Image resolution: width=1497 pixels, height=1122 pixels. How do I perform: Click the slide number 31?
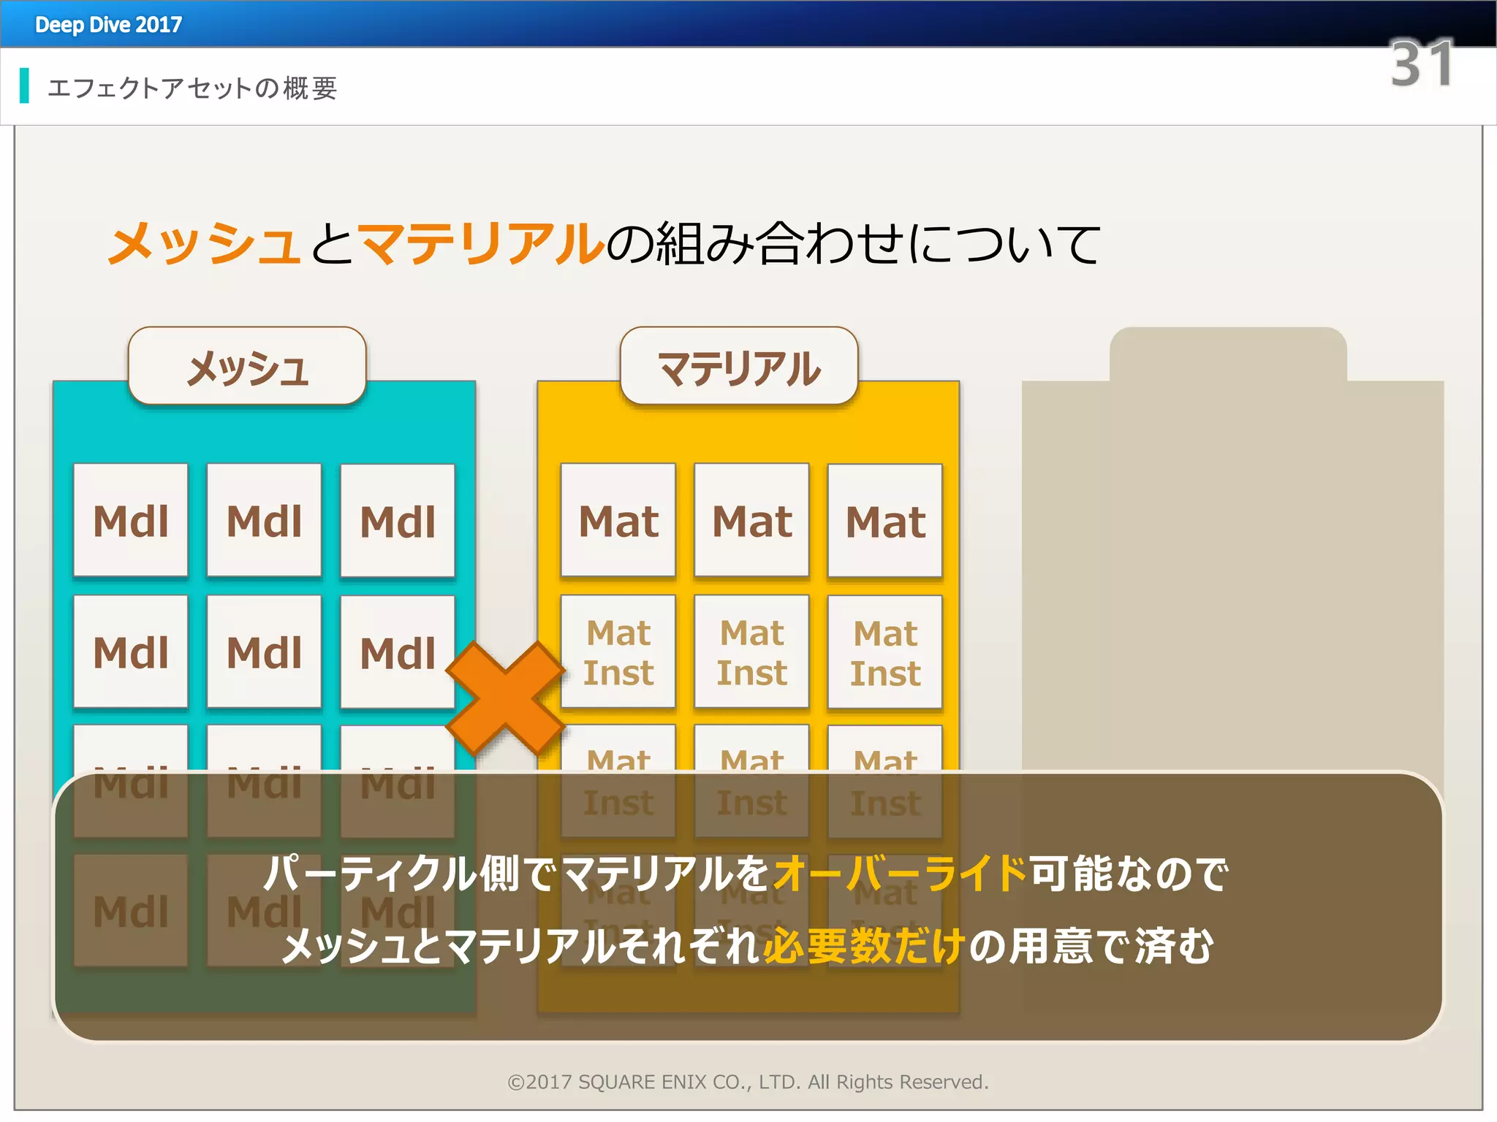click(1421, 64)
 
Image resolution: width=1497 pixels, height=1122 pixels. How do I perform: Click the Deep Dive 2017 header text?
click(108, 25)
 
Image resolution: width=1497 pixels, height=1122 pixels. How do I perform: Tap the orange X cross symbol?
click(506, 698)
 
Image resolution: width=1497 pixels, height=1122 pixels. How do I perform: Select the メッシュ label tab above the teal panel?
click(247, 367)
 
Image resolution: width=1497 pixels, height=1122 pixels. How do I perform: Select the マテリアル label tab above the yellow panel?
click(739, 367)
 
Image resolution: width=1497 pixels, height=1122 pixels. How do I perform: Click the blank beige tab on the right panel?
click(1228, 355)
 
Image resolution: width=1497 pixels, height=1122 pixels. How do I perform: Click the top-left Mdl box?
click(131, 521)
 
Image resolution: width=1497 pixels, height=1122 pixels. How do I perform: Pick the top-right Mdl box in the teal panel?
click(398, 521)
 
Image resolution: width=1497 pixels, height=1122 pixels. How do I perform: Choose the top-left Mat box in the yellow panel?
click(618, 521)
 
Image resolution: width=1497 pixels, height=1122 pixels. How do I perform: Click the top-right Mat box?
click(885, 521)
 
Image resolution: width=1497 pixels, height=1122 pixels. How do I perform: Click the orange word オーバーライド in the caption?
click(900, 873)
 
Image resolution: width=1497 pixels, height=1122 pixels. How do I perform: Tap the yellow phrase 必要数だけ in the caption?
click(865, 946)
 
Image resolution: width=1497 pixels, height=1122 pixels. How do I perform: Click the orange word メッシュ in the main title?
click(204, 243)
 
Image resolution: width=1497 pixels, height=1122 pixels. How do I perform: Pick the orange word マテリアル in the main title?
click(481, 243)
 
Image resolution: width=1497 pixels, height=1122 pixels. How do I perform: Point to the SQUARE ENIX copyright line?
click(748, 1082)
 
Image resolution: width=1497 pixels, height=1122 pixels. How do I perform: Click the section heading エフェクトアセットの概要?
click(192, 88)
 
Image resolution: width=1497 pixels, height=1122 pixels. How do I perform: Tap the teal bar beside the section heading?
click(25, 85)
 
